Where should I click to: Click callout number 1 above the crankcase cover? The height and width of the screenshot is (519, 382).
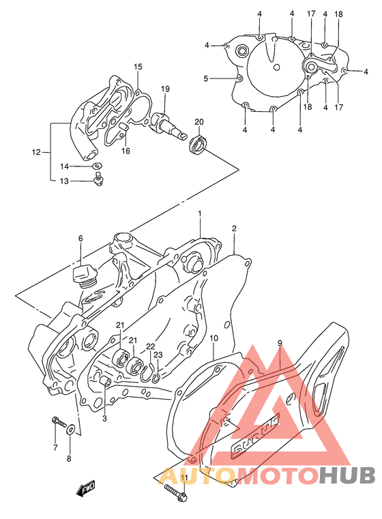coord(200,213)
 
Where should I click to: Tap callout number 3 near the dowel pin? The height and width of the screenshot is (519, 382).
coord(104,418)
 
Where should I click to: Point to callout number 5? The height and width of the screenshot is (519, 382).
coord(205,78)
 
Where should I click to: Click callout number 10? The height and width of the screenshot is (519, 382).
coord(214,338)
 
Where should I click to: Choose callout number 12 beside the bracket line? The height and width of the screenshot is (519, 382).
coord(36,151)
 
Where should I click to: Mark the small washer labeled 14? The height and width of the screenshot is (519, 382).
coord(98,166)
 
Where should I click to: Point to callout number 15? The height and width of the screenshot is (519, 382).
coord(138,67)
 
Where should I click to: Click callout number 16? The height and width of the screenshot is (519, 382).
coord(126,151)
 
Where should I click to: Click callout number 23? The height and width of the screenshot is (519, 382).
coord(158,355)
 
